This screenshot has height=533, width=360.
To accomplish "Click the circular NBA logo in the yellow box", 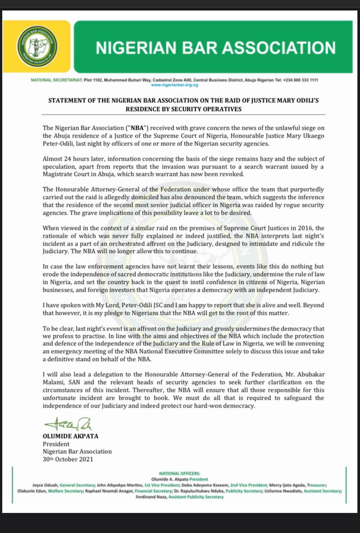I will tap(36, 47).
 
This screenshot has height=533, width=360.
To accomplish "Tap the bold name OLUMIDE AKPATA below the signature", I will tap(69, 436).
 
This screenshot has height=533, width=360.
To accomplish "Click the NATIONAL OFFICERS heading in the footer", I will tap(180, 473).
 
